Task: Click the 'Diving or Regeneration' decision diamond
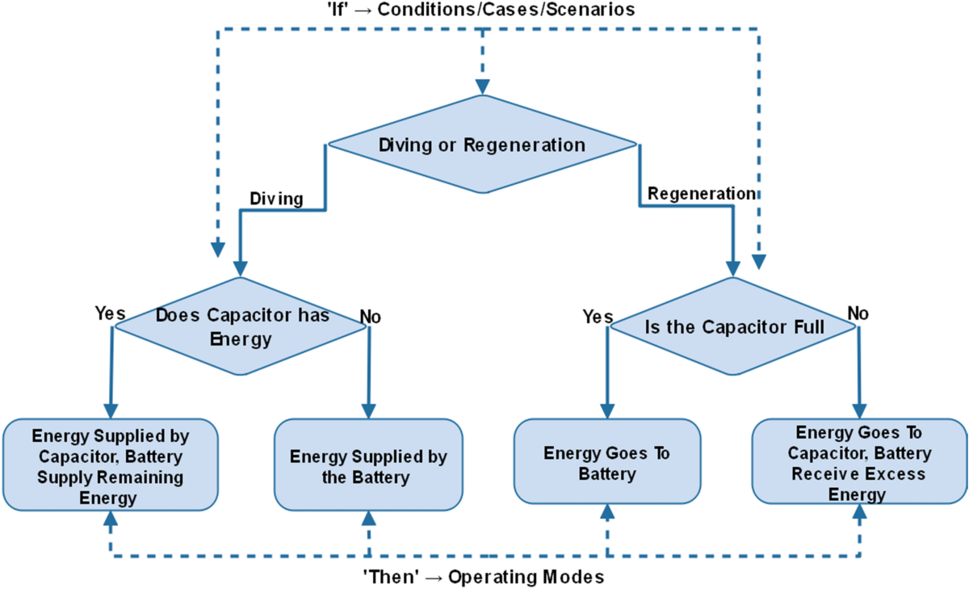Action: (x=482, y=145)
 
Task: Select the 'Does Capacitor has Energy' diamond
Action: (x=241, y=326)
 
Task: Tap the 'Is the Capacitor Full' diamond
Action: (x=733, y=327)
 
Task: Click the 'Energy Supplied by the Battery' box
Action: (x=368, y=467)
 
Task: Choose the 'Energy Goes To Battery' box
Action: (x=606, y=463)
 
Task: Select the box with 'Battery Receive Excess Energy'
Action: (x=859, y=463)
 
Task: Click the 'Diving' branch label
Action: (x=276, y=199)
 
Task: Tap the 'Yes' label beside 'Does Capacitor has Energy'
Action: (x=111, y=313)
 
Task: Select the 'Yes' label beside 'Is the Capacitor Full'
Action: (x=598, y=317)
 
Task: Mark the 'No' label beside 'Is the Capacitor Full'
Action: (x=858, y=313)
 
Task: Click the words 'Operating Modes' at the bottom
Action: (x=526, y=578)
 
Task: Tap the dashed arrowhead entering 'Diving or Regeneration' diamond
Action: (x=482, y=86)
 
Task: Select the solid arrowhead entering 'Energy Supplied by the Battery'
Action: (x=369, y=410)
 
